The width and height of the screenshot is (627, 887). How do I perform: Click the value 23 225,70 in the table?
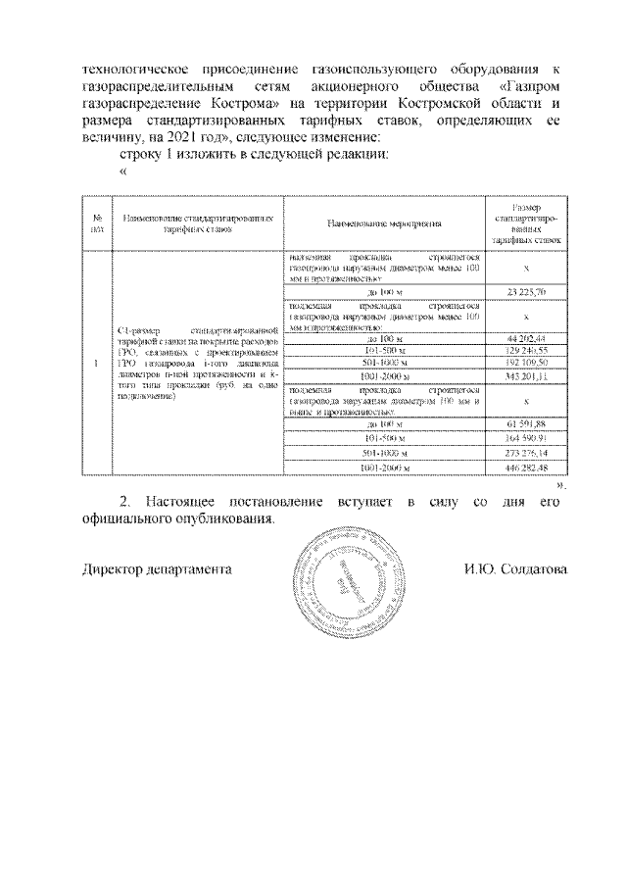pyautogui.click(x=525, y=292)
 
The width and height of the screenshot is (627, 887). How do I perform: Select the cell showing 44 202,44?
pyautogui.click(x=525, y=338)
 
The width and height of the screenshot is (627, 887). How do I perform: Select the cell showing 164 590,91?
pyautogui.click(x=525, y=437)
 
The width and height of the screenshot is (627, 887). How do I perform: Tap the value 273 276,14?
pyautogui.click(x=525, y=453)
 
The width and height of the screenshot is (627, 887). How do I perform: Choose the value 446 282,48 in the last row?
pyautogui.click(x=525, y=468)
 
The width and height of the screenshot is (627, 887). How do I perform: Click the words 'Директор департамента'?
pyautogui.click(x=157, y=569)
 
